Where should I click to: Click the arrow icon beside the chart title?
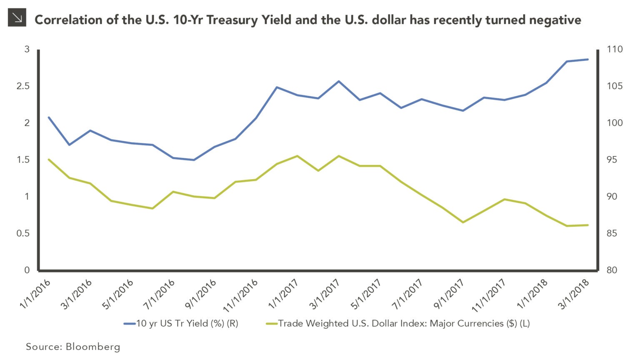[x=17, y=17]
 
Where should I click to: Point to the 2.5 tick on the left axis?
[x=23, y=86]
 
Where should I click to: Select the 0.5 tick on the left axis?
[x=23, y=233]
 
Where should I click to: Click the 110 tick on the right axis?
[x=614, y=50]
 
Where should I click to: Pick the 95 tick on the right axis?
[x=612, y=160]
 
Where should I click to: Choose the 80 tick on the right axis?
[x=612, y=270]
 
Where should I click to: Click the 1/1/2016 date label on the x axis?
[x=35, y=294]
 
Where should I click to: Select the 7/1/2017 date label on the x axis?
[x=407, y=294]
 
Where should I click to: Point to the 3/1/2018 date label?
[x=574, y=294]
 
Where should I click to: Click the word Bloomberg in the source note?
[x=93, y=347]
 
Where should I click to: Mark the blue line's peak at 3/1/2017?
[x=339, y=81]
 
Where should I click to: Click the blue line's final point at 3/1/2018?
[x=587, y=59]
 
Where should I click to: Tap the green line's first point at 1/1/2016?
[x=49, y=160]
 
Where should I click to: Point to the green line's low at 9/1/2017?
[x=462, y=222]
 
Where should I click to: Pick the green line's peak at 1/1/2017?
[x=297, y=156]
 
